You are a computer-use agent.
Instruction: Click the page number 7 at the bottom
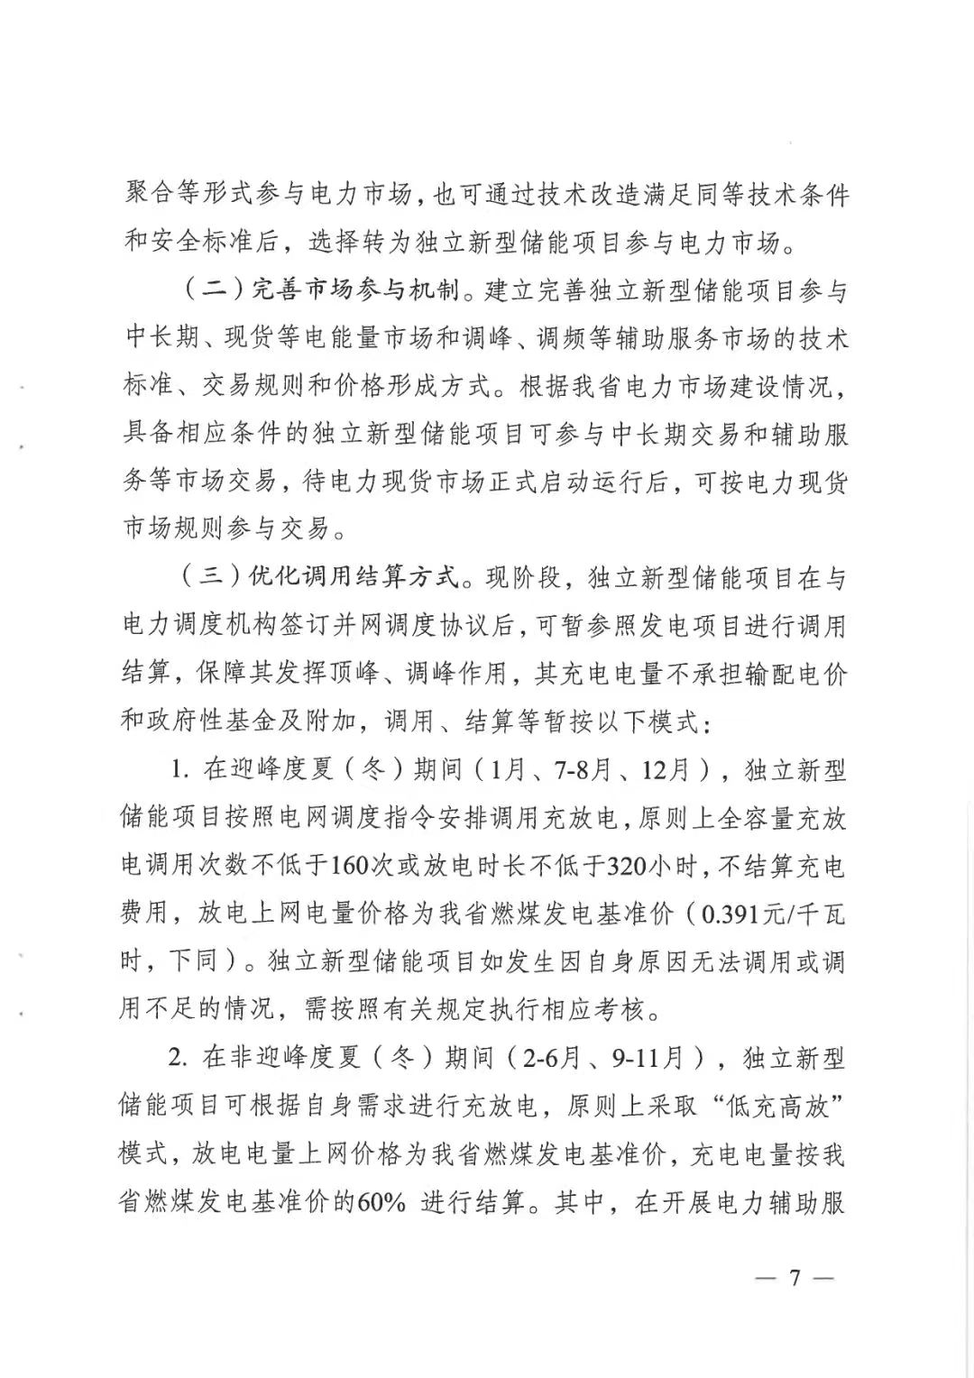point(795,1279)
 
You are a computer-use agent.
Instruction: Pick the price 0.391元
point(740,914)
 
